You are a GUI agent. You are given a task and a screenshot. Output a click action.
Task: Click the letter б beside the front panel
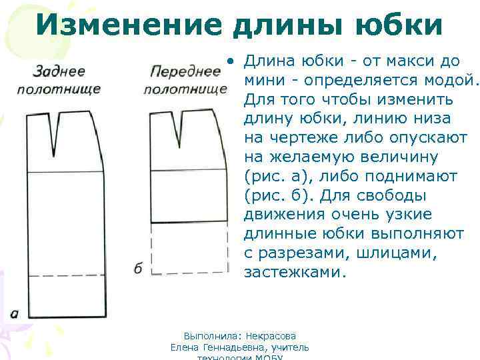click(x=138, y=268)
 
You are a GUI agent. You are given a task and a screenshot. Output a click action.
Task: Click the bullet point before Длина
click(x=229, y=62)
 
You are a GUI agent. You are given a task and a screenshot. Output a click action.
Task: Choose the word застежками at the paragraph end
click(x=295, y=273)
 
